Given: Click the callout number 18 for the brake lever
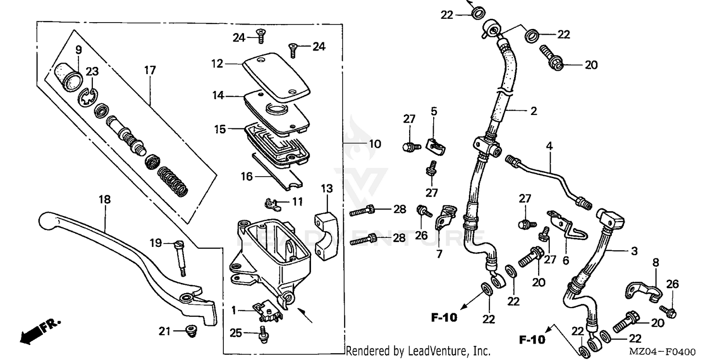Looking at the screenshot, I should (105, 199).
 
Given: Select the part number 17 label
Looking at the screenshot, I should (150, 71).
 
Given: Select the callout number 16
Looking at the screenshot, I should (246, 177).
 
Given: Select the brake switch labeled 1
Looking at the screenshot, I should (265, 310).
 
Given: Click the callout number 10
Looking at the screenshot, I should (374, 144).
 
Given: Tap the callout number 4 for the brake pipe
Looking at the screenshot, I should (550, 145).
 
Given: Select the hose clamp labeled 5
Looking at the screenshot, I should (436, 145).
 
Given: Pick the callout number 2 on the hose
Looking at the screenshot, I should (533, 111).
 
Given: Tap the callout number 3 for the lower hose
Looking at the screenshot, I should (634, 251).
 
